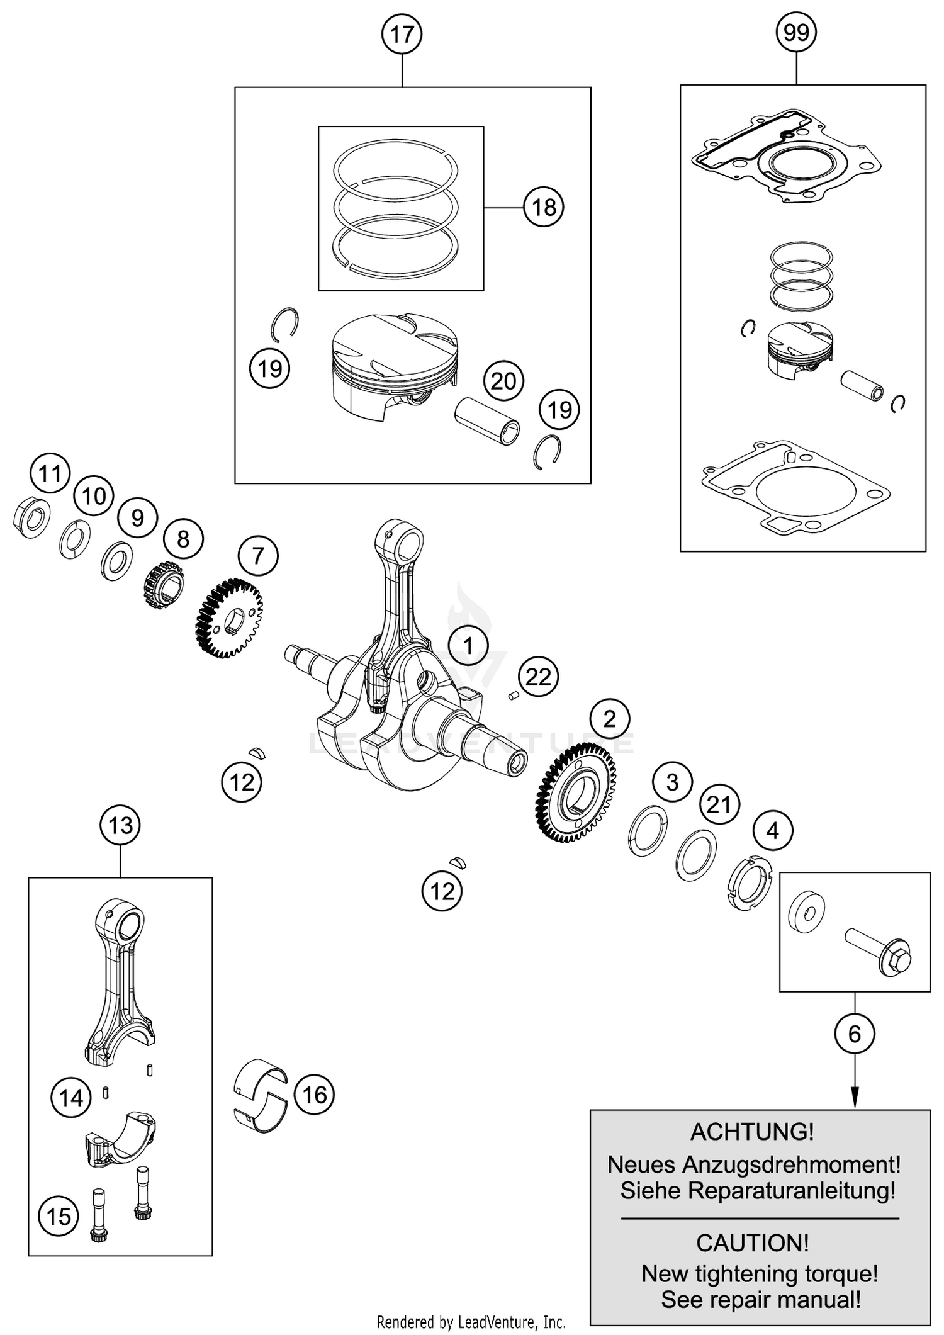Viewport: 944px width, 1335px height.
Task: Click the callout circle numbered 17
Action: (x=402, y=34)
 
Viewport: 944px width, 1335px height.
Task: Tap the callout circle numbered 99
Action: (x=796, y=32)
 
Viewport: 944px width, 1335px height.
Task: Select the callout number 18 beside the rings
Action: (x=544, y=207)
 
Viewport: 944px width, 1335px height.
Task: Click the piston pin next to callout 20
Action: (x=488, y=421)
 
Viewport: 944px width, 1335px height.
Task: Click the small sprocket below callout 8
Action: (x=164, y=585)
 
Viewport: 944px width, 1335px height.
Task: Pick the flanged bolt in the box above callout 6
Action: (x=878, y=953)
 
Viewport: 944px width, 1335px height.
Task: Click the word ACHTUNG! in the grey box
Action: (x=753, y=1132)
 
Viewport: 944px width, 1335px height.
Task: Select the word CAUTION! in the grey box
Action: (x=753, y=1243)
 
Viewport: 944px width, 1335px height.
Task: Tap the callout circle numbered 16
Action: (x=315, y=1095)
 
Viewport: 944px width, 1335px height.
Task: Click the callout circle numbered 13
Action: (x=120, y=825)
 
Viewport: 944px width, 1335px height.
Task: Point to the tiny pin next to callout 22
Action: (x=513, y=696)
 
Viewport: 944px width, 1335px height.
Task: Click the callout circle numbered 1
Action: (x=468, y=646)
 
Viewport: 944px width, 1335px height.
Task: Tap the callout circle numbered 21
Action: (x=719, y=804)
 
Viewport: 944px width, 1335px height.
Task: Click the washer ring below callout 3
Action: (x=648, y=830)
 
